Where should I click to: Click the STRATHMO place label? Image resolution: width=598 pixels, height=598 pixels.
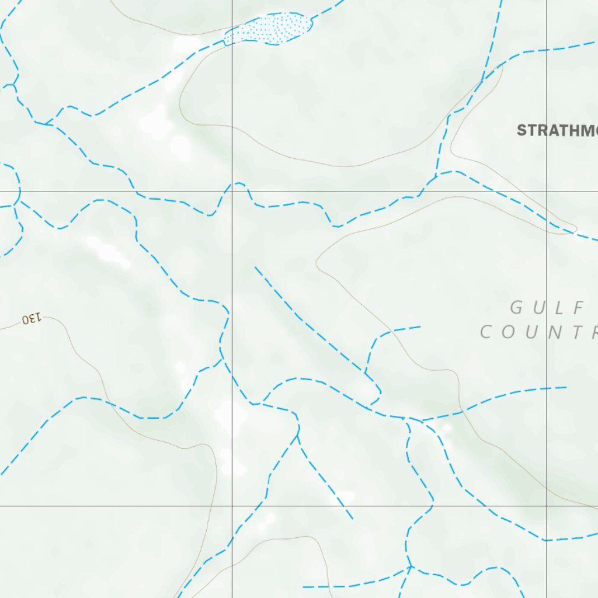(557, 130)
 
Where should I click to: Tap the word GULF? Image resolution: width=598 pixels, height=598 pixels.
(547, 307)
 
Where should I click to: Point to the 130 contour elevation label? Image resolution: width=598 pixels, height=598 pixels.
(32, 318)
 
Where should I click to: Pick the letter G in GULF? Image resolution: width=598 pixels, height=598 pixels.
(517, 307)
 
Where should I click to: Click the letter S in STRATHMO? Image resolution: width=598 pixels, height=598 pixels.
(521, 130)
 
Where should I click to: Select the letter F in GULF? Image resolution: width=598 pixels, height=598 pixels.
(579, 307)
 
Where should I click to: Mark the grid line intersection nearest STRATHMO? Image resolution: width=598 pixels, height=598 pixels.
(547, 192)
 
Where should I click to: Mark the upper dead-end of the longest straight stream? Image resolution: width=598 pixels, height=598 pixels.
(255, 267)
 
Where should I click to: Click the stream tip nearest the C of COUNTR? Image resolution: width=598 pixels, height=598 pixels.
(420, 326)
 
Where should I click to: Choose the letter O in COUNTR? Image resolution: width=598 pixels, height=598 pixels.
(507, 333)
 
